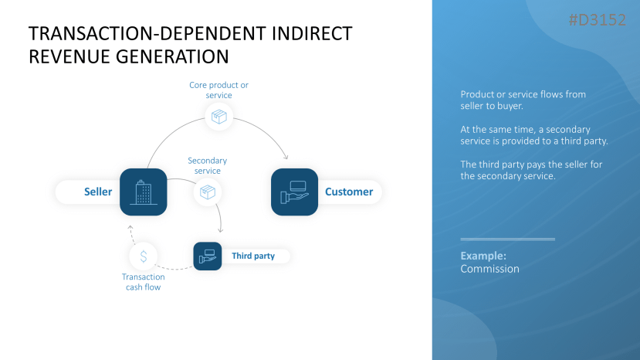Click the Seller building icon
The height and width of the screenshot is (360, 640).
click(144, 192)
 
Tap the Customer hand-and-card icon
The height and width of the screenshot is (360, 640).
click(294, 192)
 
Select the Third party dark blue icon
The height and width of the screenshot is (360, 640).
click(207, 256)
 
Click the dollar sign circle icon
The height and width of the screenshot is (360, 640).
click(143, 256)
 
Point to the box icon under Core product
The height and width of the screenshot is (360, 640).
click(219, 117)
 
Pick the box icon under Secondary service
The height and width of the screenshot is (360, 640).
click(207, 192)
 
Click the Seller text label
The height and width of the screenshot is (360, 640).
click(98, 192)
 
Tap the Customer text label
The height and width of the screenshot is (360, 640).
click(349, 192)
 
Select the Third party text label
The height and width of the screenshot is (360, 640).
click(252, 256)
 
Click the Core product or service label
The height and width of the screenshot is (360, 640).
click(219, 90)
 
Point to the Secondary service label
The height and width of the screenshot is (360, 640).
click(207, 165)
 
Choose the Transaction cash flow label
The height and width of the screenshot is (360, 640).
click(143, 282)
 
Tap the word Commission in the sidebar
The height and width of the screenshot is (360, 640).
click(489, 269)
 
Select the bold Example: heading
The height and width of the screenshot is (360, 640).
click(483, 255)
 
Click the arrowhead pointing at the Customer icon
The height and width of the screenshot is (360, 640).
click(286, 157)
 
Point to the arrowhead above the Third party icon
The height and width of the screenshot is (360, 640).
click(221, 230)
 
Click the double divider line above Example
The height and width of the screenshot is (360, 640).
click(507, 239)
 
